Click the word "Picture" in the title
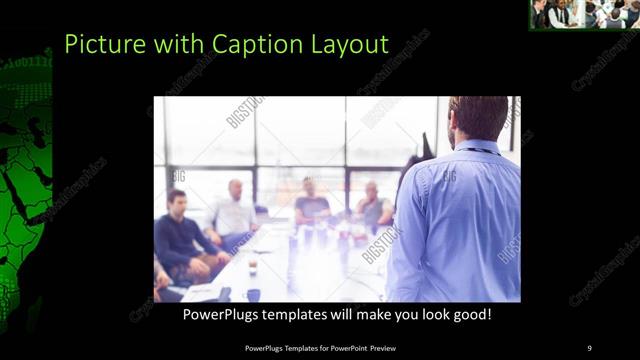point(97,44)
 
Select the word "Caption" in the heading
point(237,45)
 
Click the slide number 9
point(589,347)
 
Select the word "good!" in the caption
point(469,314)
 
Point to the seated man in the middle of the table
point(312,205)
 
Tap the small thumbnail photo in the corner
point(584,14)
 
